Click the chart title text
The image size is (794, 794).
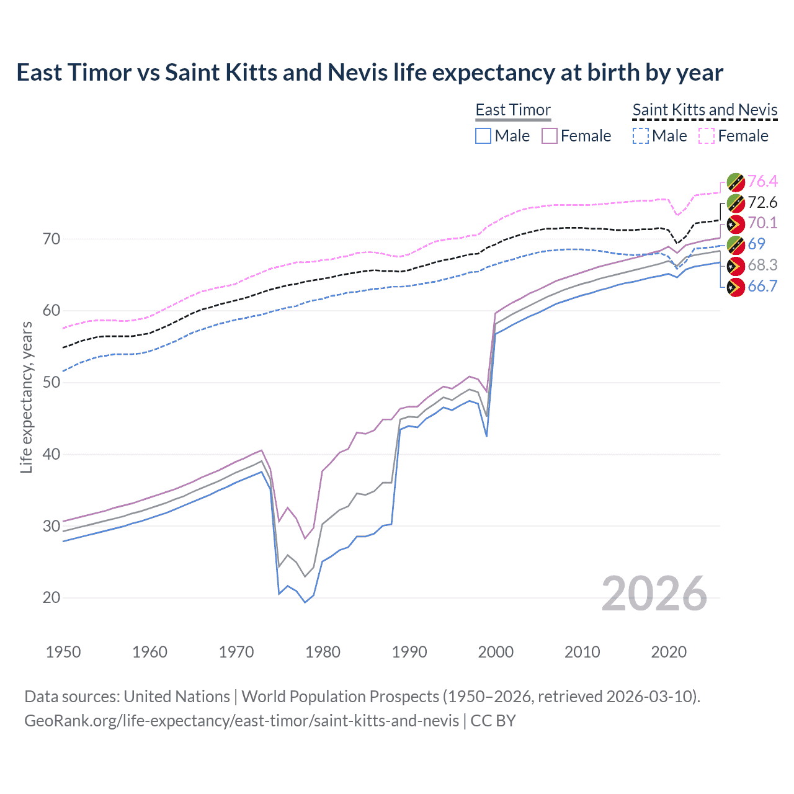(370, 73)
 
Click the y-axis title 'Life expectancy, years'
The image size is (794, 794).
(26, 397)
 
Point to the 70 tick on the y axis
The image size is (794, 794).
(51, 239)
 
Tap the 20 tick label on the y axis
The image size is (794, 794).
(51, 597)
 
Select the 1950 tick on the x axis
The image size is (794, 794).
(63, 652)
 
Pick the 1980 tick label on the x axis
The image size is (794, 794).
(323, 652)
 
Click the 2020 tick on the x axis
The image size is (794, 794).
(669, 652)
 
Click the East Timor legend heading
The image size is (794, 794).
(513, 110)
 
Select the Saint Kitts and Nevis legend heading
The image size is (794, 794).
(705, 110)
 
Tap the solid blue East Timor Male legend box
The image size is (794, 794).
(483, 136)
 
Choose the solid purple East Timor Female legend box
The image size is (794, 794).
(550, 136)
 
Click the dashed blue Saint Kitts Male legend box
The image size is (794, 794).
(641, 136)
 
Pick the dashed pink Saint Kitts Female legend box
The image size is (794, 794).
(707, 136)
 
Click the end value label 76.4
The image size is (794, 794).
(762, 181)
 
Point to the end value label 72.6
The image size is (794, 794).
(762, 202)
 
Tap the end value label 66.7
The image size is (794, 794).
(762, 286)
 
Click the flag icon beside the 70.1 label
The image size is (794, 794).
(736, 224)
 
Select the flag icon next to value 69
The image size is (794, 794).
(736, 244)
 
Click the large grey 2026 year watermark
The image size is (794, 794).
(654, 594)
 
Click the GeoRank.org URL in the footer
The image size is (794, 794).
(242, 721)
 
